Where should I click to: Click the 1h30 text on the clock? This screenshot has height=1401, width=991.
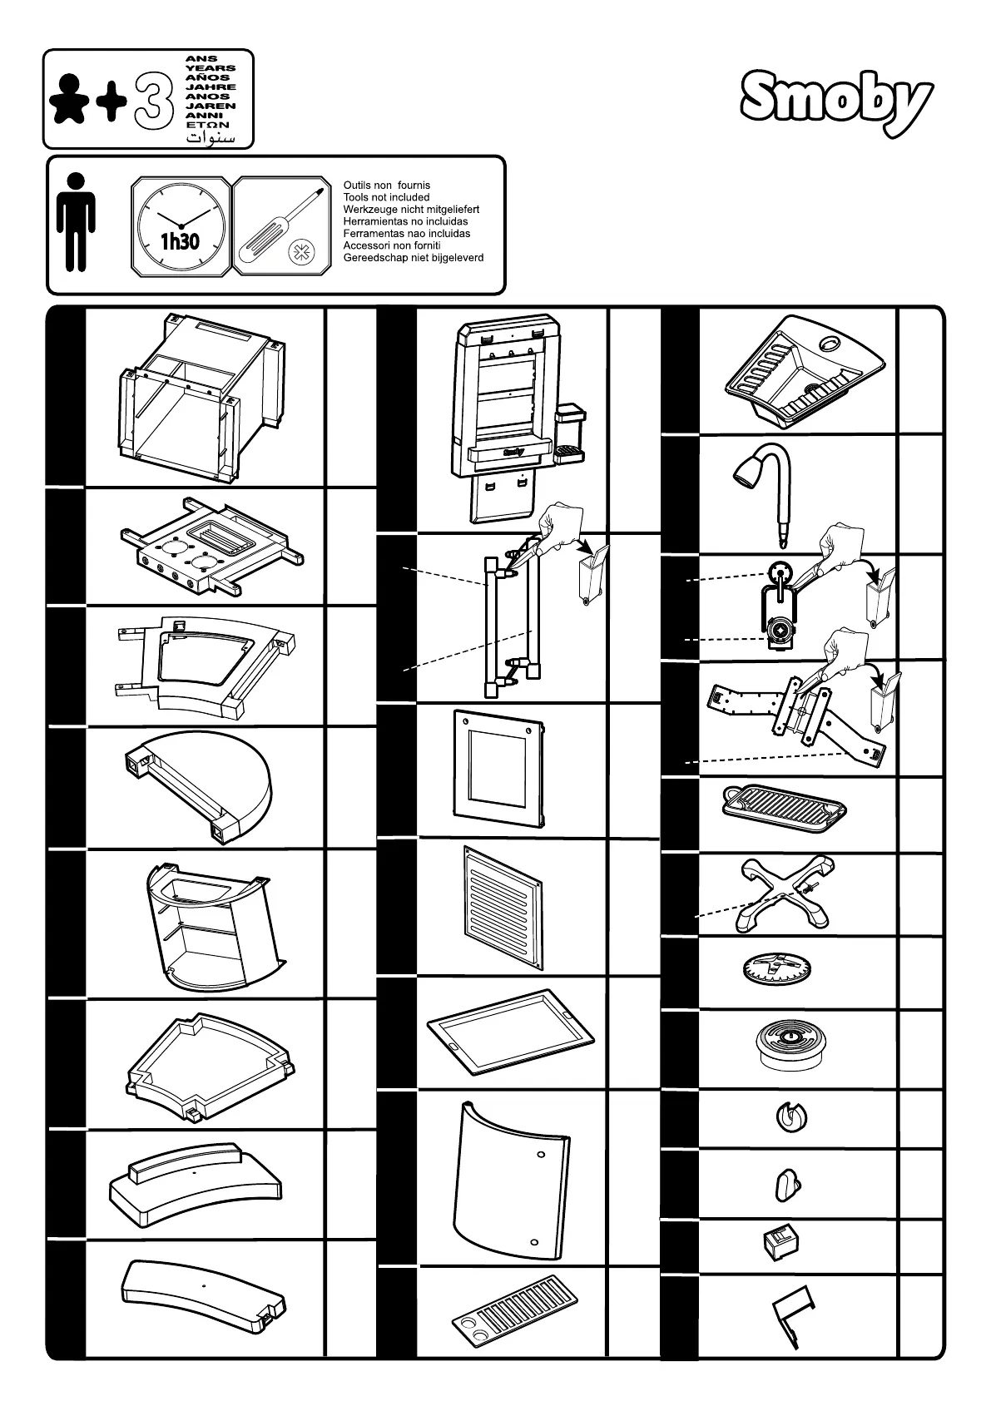[180, 242]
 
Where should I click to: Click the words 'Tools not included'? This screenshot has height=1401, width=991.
[386, 197]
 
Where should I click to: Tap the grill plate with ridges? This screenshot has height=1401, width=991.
[782, 806]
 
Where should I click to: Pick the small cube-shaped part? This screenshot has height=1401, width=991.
[779, 1245]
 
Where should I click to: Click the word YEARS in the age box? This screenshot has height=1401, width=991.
[211, 68]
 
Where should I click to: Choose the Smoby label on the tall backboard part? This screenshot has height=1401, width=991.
[513, 453]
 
